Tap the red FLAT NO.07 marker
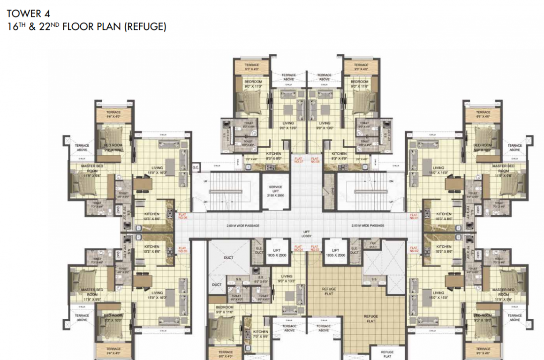[x=298, y=160]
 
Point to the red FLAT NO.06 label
[x=182, y=216]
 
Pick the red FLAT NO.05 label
[x=182, y=250]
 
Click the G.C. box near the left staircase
[x=196, y=166]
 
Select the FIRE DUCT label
[x=373, y=245]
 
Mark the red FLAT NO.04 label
[x=298, y=249]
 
